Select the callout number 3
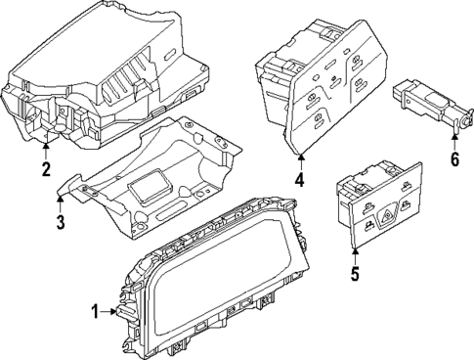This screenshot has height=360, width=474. pos(60,223)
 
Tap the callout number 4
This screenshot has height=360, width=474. pos(300,180)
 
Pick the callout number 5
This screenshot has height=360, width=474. pos(355,274)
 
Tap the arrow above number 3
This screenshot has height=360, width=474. pos(60,201)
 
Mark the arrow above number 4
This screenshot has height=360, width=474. pos(300,158)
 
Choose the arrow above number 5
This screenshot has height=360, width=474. pos(355,251)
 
